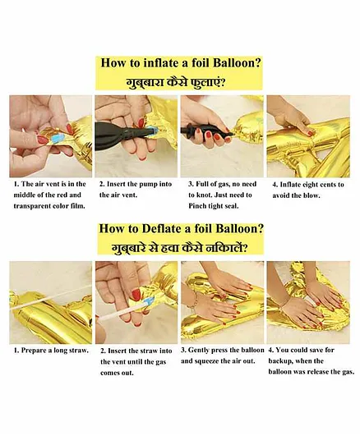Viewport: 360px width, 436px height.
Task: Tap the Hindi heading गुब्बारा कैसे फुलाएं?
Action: (x=175, y=83)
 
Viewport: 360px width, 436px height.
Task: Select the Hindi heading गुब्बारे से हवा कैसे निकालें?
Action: (x=179, y=247)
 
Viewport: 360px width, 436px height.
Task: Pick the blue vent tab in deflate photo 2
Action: (x=149, y=301)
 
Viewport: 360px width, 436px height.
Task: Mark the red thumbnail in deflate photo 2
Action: (x=136, y=295)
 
